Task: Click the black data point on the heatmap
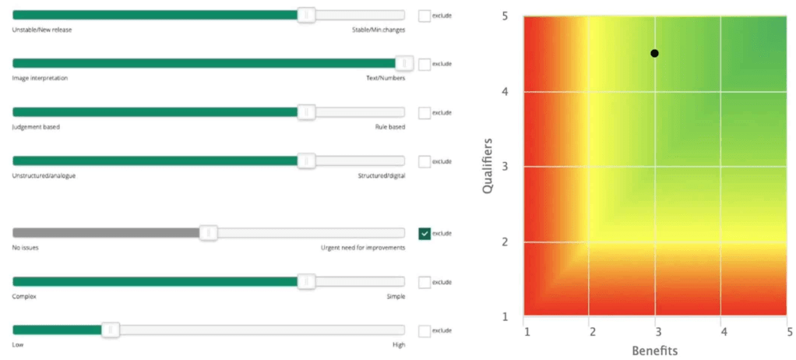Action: point(654,53)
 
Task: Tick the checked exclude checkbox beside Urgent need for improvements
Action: point(424,233)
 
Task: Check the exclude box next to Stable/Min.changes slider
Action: point(424,15)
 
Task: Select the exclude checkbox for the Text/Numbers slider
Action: point(424,64)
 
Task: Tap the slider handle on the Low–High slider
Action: point(111,330)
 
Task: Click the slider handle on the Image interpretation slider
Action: point(404,64)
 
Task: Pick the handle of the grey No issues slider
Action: point(208,233)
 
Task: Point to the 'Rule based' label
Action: point(389,127)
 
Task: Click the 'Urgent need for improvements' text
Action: point(363,248)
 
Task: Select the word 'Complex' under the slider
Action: point(24,296)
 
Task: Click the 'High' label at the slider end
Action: point(398,345)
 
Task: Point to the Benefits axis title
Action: point(654,350)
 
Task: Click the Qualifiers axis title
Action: point(488,165)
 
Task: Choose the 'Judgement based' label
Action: point(36,127)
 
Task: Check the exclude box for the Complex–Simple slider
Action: point(424,282)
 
